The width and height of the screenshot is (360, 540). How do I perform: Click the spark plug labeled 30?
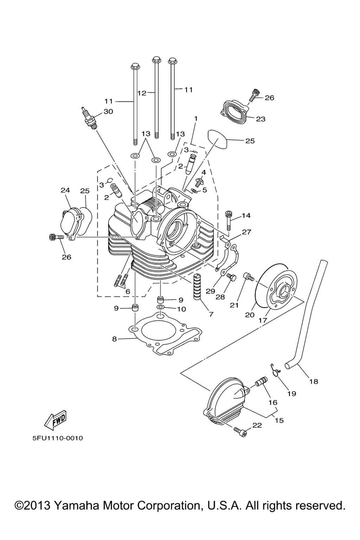[x=89, y=118]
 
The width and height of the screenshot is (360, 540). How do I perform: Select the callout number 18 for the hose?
[x=313, y=381]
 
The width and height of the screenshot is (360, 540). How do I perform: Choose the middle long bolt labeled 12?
[x=156, y=98]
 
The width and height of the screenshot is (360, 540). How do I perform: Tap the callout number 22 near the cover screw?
[x=257, y=425]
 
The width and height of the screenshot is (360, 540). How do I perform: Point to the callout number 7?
[x=211, y=314]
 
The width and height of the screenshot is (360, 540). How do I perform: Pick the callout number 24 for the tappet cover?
[x=65, y=190]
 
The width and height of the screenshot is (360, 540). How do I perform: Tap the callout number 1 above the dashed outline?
[x=196, y=119]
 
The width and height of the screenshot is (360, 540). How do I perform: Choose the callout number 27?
[x=246, y=232]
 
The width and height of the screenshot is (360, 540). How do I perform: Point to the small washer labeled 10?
[x=160, y=308]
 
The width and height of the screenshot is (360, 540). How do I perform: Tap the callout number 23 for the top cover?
[x=261, y=119]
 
